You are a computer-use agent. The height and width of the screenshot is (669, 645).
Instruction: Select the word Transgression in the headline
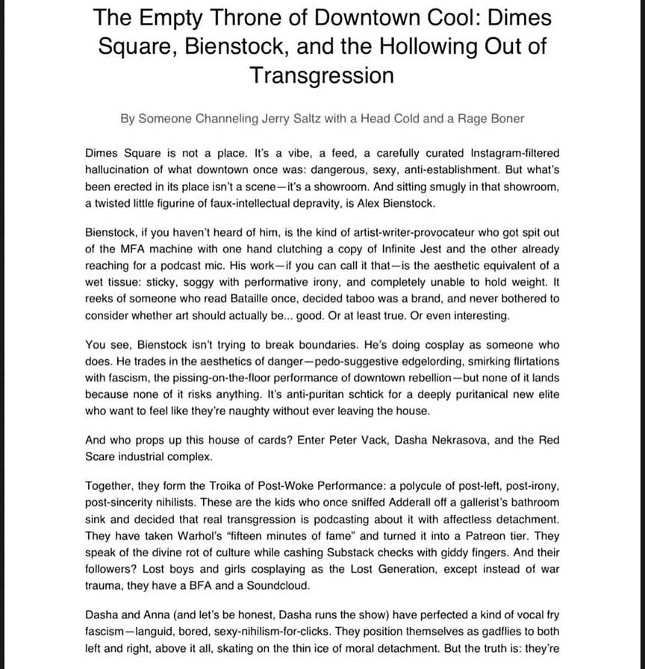322,75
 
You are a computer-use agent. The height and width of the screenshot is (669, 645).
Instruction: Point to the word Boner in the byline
503,118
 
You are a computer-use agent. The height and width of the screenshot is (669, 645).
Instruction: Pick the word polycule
388,486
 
